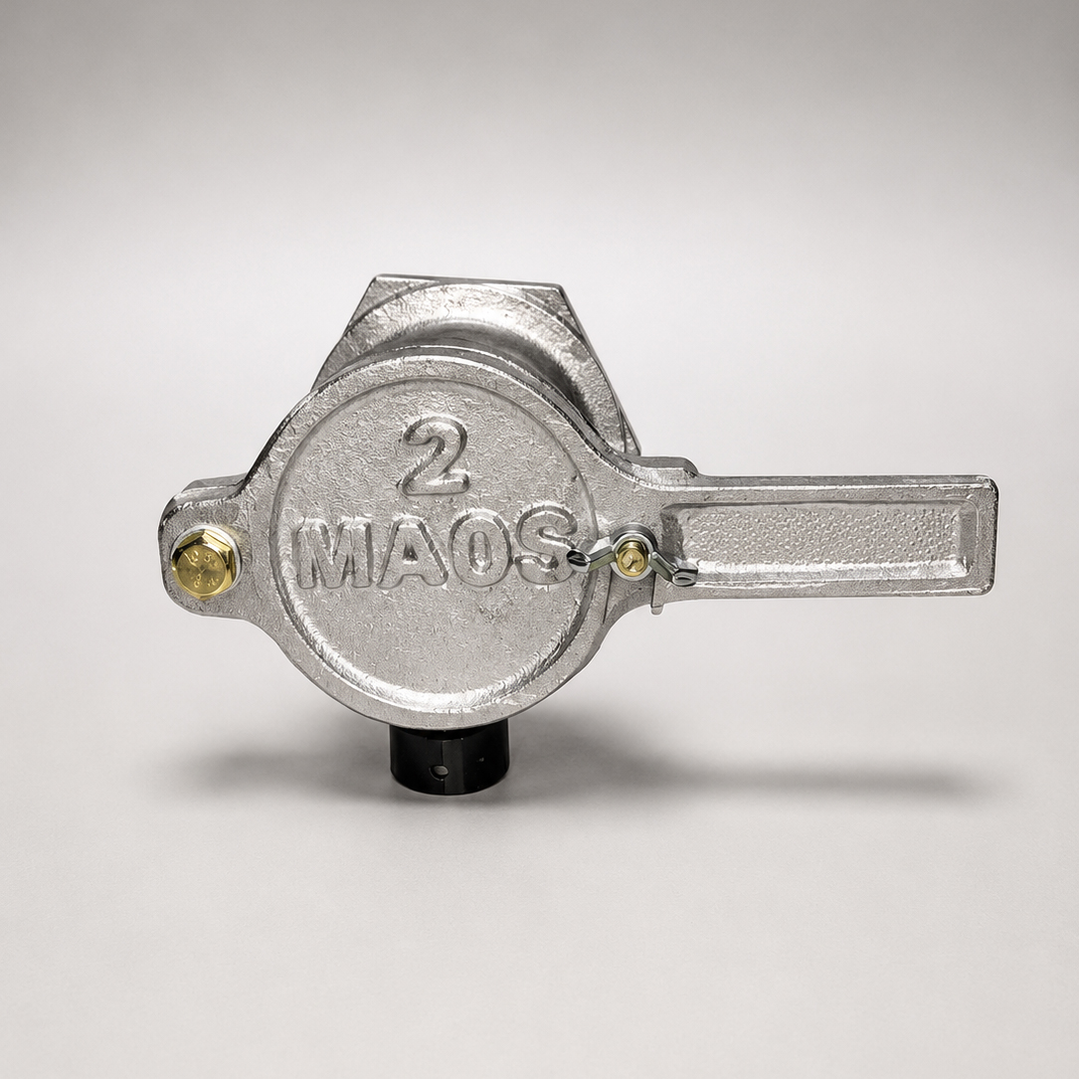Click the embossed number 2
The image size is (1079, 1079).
point(435,456)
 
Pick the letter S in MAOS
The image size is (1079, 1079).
point(546,545)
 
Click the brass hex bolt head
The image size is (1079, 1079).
point(205,563)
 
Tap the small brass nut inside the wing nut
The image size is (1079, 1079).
point(631,556)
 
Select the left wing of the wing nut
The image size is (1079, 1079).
point(591,555)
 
